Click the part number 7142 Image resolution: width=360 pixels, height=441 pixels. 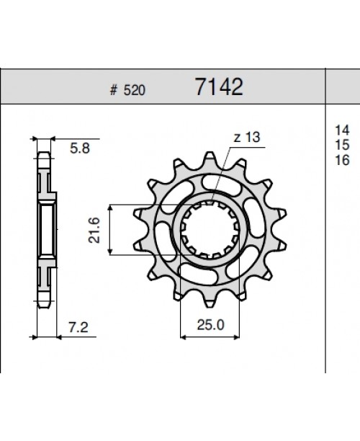(220, 87)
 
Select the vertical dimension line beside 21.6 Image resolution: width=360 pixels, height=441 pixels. (109, 229)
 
